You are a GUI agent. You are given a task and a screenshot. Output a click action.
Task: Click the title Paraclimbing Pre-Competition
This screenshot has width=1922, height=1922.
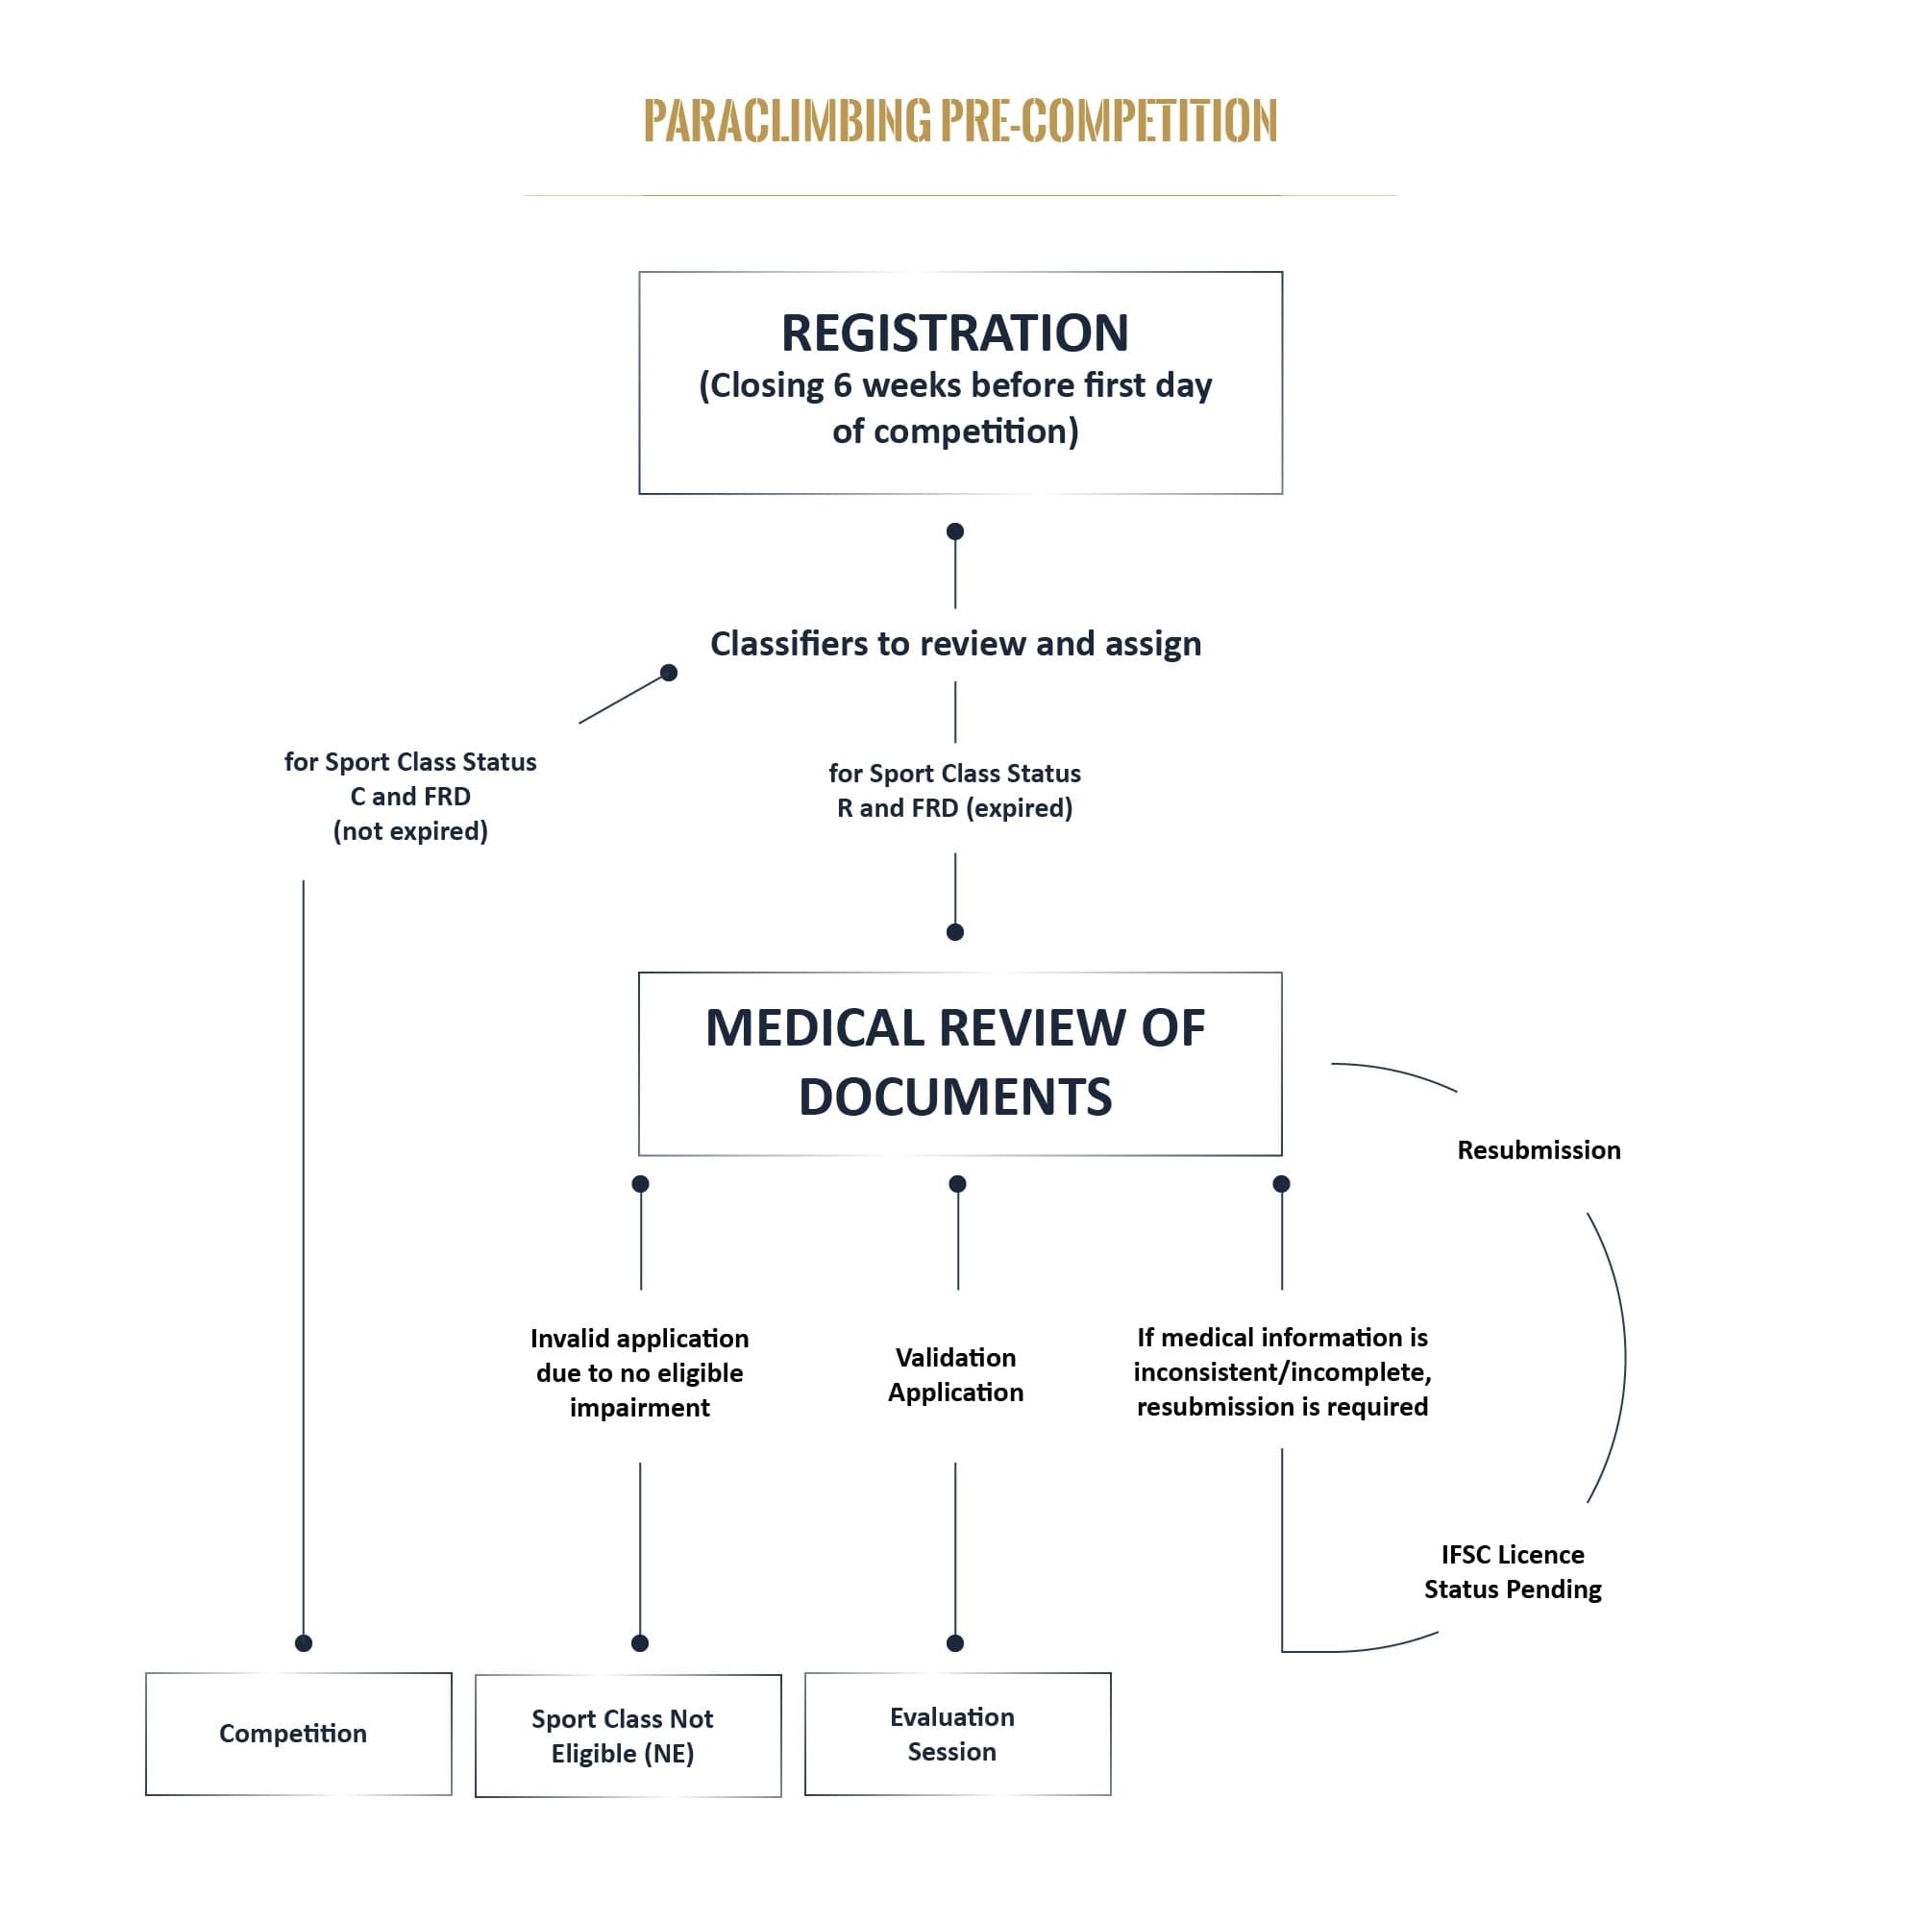959,121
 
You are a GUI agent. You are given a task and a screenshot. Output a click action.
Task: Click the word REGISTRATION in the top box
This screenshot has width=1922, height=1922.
954,333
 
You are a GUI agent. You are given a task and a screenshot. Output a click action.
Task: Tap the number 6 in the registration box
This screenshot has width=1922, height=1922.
842,386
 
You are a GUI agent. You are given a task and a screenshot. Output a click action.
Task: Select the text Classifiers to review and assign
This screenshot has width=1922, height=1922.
955,644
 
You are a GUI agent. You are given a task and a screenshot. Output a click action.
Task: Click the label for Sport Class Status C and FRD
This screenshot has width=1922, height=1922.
410,796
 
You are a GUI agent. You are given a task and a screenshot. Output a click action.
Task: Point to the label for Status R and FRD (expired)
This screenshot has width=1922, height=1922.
954,790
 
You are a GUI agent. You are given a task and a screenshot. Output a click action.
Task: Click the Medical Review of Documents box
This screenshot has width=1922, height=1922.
959,1063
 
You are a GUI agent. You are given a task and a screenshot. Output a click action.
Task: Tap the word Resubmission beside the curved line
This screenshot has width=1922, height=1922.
1538,1150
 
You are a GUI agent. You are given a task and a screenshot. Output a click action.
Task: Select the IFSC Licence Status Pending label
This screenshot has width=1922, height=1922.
1512,1571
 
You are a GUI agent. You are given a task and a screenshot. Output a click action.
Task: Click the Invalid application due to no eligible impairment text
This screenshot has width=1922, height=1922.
640,1372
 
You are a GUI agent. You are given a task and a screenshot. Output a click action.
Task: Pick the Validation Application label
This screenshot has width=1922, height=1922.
955,1374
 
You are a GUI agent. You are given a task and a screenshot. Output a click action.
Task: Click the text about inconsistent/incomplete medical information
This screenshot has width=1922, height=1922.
1281,1372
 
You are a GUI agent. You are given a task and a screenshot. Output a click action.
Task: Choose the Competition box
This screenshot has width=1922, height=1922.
299,1734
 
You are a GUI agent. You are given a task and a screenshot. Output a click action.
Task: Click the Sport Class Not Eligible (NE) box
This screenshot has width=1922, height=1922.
628,1736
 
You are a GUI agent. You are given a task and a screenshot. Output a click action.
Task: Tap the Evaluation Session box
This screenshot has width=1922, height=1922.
957,1734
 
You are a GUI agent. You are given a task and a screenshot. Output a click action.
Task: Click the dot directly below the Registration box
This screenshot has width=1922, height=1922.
955,531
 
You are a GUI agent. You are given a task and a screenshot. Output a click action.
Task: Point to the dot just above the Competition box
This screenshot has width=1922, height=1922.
304,1643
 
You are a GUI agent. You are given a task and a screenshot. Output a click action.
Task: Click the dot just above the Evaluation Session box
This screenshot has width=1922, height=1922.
955,1643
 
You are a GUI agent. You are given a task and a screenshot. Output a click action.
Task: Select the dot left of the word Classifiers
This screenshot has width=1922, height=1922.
669,673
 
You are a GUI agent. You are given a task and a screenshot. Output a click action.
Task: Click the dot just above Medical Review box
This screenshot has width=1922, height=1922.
955,932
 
